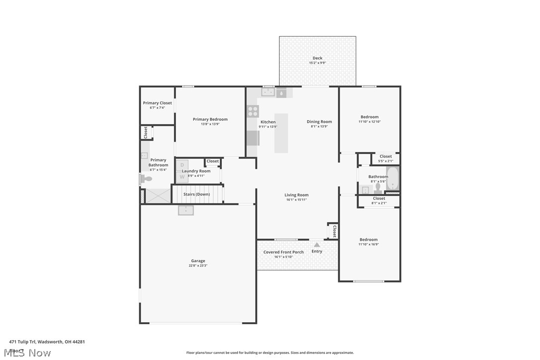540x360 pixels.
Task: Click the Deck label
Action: coord(317,58)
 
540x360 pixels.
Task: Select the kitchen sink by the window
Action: coord(269,92)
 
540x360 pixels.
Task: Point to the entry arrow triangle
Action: coord(317,245)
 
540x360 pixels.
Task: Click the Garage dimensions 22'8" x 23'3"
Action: coord(198,266)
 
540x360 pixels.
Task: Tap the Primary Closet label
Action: coord(157,103)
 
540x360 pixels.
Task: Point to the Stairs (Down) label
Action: coord(196,194)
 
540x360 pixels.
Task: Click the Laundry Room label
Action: coord(196,171)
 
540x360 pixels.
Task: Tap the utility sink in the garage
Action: coord(186,210)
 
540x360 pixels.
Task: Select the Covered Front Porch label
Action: coord(283,252)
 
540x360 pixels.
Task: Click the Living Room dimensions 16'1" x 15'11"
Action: coord(296,200)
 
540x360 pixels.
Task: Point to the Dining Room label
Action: coord(319,122)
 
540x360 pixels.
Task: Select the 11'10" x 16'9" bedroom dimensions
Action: coord(368,244)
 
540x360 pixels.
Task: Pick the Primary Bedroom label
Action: coord(210,119)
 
